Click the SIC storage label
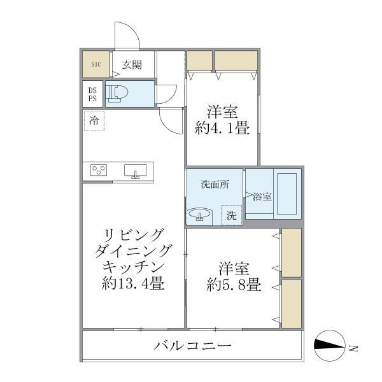[95, 64]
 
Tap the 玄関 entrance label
[132, 64]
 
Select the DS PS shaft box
[93, 94]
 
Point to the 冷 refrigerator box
[94, 120]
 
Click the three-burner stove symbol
[99, 171]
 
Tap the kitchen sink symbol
[136, 171]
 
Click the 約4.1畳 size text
[221, 128]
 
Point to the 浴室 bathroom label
[262, 196]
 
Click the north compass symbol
[331, 347]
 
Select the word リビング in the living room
[134, 233]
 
